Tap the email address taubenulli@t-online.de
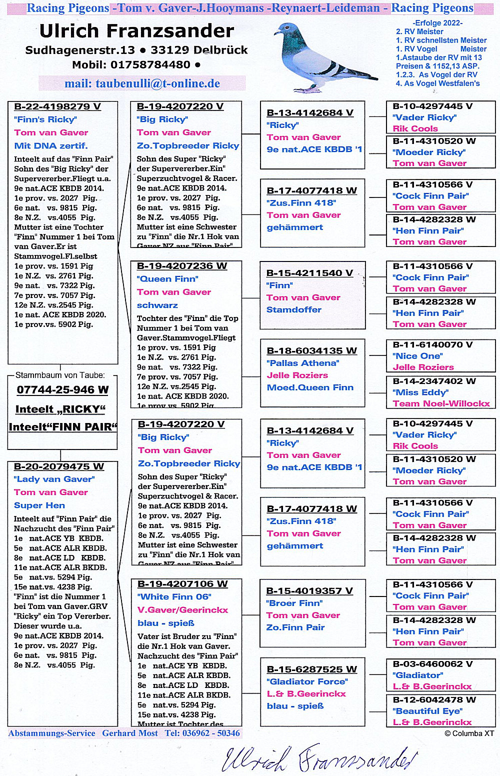coord(142,83)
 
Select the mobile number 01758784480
coord(150,64)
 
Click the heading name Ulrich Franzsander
coord(136,31)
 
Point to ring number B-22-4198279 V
coord(57,106)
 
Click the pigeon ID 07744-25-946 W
coord(62,390)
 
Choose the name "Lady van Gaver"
coord(54,479)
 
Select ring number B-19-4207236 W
coord(182,266)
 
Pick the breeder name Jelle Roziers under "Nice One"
coord(423,367)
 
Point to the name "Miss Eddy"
coord(420,392)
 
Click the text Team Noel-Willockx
coord(441,403)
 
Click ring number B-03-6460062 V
coord(432,664)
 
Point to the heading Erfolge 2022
coord(437,23)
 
